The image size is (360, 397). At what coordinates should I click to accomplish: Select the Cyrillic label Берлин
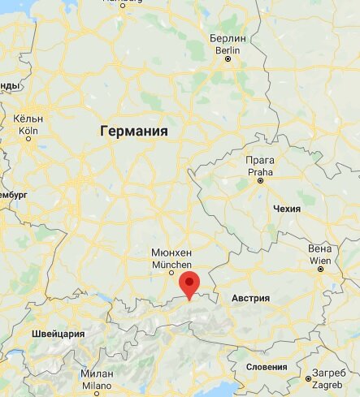pyautogui.click(x=227, y=38)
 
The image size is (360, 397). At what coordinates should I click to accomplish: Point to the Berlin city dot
pyautogui.click(x=228, y=58)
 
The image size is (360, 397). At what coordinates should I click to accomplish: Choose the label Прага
pyautogui.click(x=260, y=161)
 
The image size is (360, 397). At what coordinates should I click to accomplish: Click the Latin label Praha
pyautogui.click(x=260, y=171)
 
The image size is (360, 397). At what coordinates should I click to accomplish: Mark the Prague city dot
pyautogui.click(x=261, y=181)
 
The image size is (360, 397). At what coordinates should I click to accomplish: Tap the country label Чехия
pyautogui.click(x=287, y=209)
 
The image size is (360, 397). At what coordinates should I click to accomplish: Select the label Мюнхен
pyautogui.click(x=171, y=253)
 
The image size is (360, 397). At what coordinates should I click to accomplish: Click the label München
pyautogui.click(x=171, y=265)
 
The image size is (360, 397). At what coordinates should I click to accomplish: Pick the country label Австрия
pyautogui.click(x=250, y=299)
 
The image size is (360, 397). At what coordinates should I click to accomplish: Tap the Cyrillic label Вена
pyautogui.click(x=320, y=248)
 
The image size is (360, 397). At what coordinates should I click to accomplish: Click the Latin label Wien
pyautogui.click(x=320, y=260)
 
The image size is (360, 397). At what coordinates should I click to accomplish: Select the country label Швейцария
pyautogui.click(x=58, y=334)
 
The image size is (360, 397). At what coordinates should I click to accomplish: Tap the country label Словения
pyautogui.click(x=267, y=367)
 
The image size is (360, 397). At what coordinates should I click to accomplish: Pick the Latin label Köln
pyautogui.click(x=28, y=130)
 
